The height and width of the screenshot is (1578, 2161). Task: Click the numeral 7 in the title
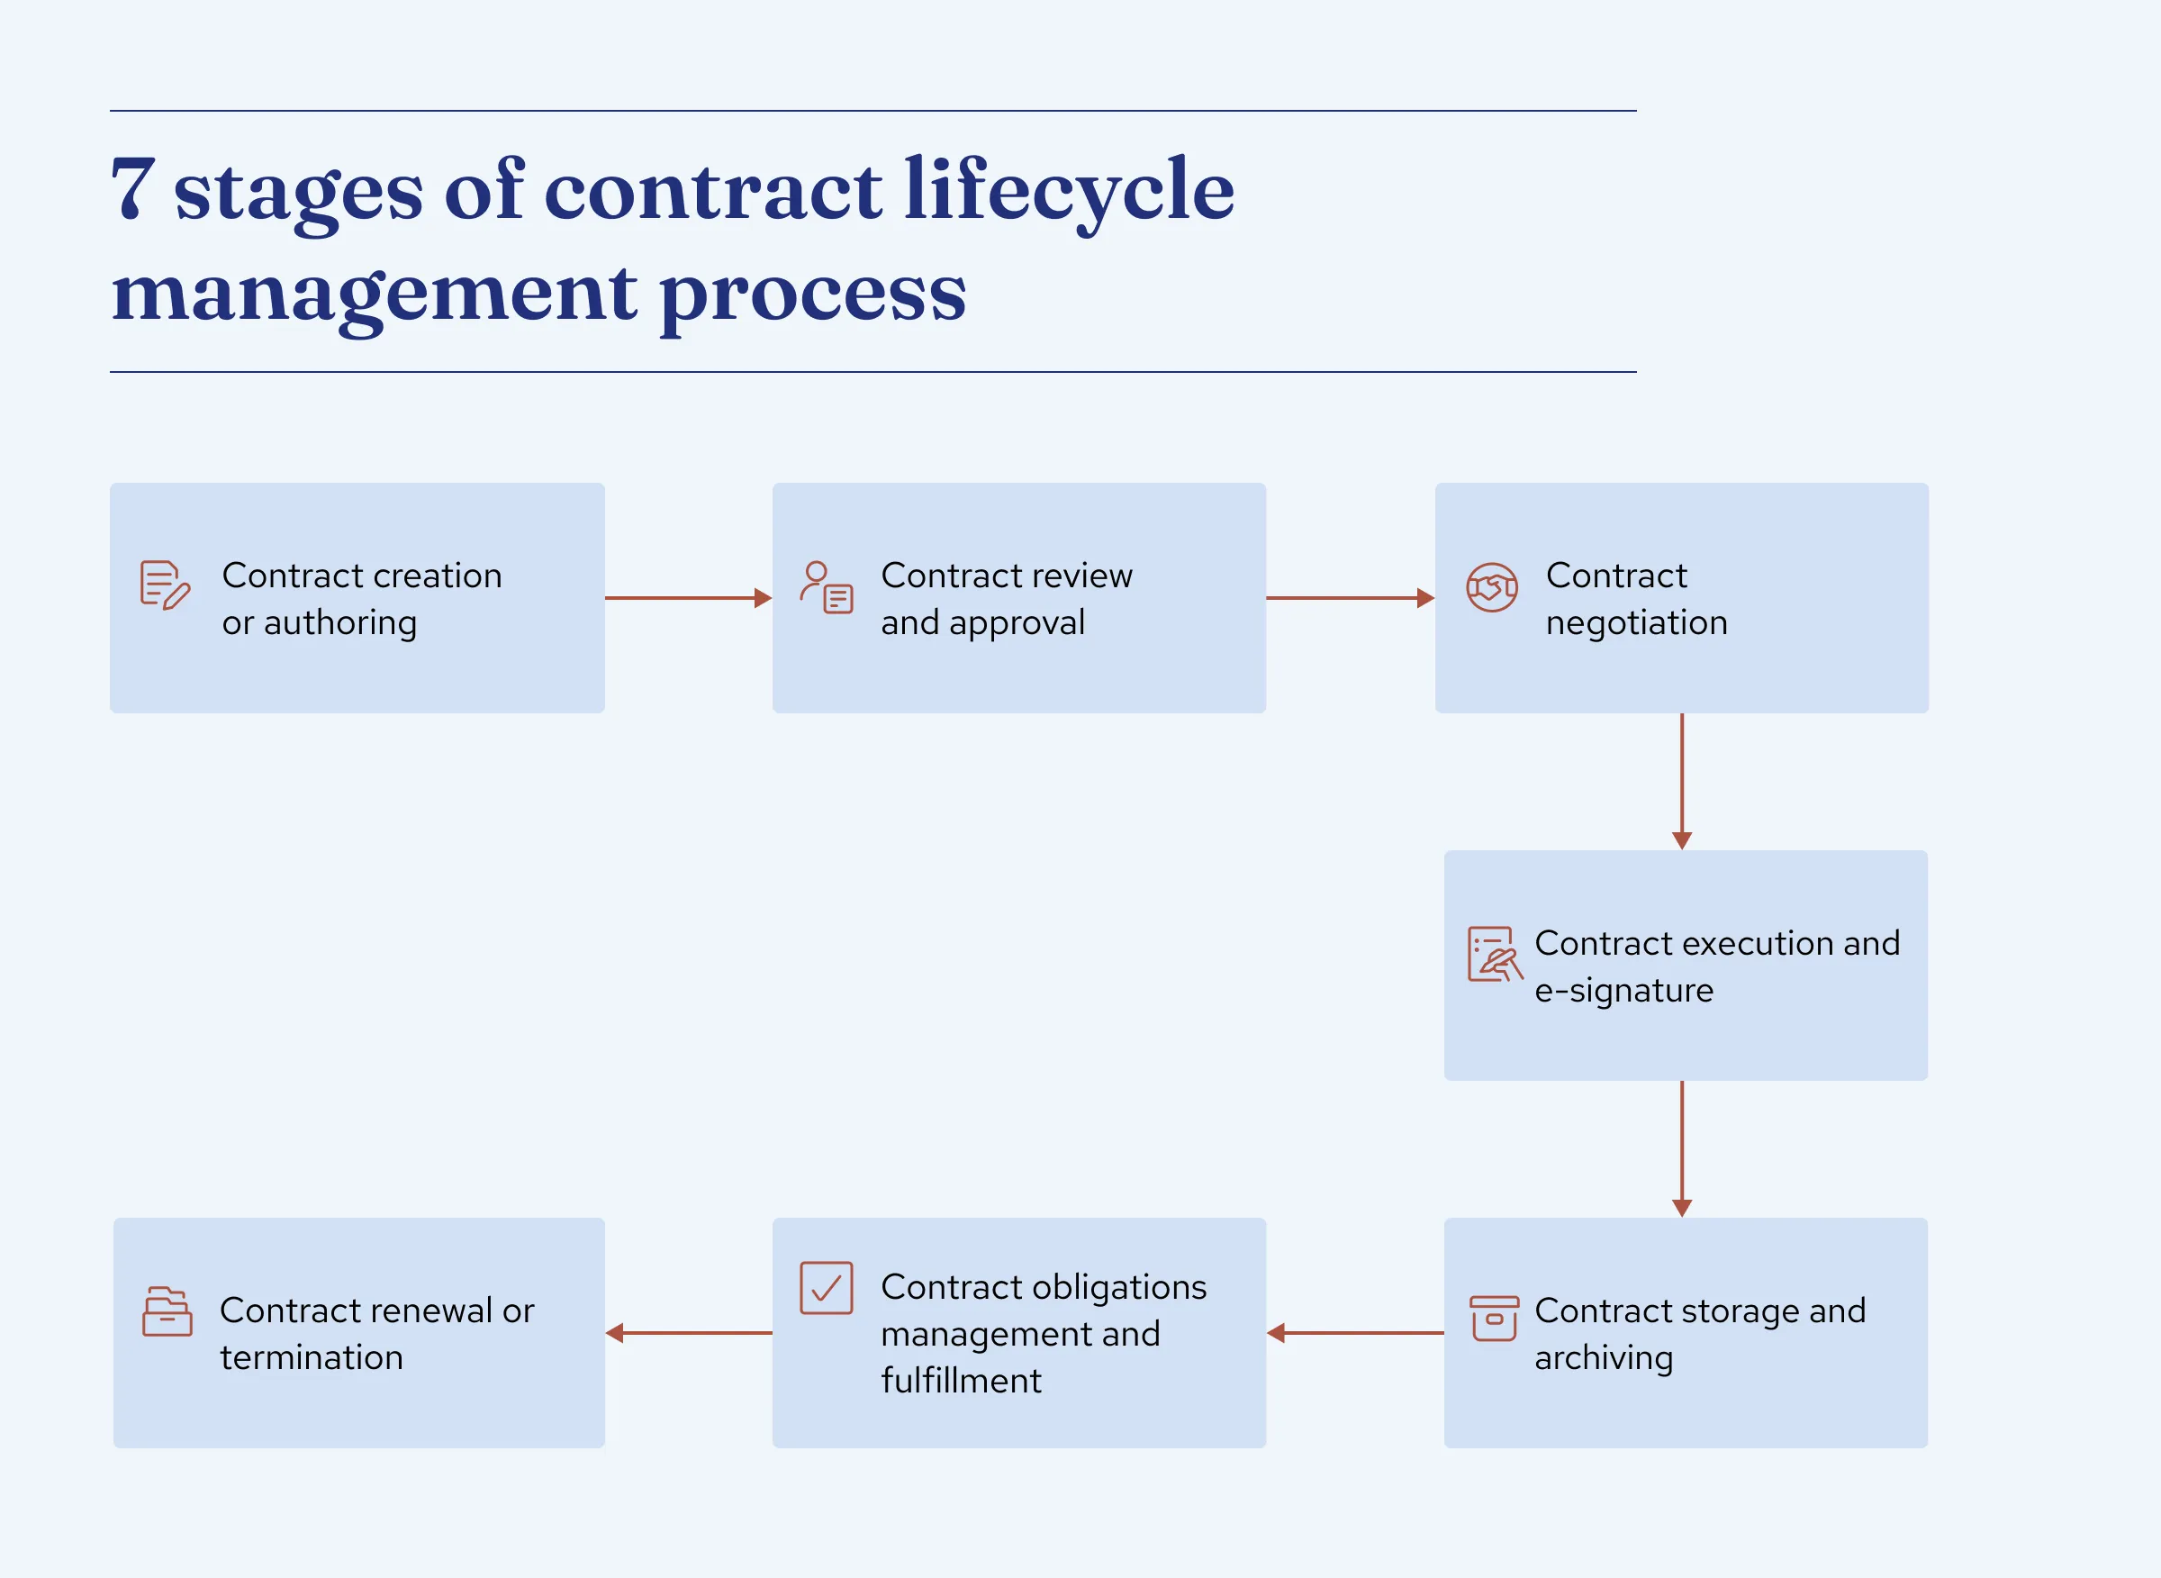click(133, 188)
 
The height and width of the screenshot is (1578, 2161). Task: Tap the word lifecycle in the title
click(1069, 191)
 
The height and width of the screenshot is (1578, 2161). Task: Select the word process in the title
click(813, 295)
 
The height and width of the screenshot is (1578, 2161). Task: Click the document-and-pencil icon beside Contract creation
click(165, 585)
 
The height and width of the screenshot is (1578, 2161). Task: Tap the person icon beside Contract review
click(826, 586)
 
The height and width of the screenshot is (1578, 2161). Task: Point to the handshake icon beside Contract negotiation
click(1492, 587)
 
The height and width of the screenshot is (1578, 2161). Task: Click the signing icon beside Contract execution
click(1495, 953)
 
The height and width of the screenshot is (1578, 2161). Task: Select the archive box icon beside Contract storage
click(1495, 1319)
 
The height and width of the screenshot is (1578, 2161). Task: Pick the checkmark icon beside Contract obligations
click(826, 1288)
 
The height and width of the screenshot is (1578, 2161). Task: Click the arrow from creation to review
click(689, 598)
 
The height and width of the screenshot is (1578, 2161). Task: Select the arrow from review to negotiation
click(1351, 598)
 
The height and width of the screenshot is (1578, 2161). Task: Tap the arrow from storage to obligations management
click(1355, 1332)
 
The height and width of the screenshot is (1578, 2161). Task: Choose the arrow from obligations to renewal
click(689, 1332)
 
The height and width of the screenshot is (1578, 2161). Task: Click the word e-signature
click(1623, 991)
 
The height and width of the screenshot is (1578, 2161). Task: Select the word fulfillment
click(961, 1380)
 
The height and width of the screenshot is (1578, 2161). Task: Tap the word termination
click(312, 1357)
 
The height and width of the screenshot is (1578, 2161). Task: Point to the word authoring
click(340, 622)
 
